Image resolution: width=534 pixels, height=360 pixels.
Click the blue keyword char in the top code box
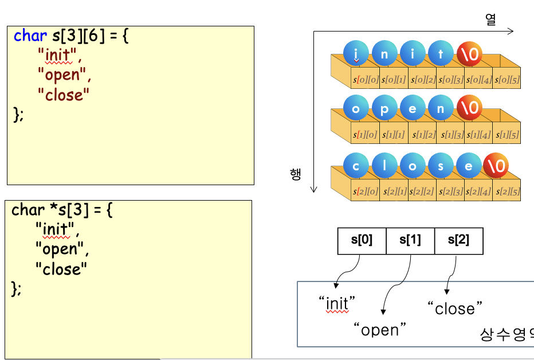(30, 36)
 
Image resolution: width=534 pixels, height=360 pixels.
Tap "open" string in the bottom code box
(61, 249)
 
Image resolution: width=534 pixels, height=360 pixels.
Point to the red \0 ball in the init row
(469, 54)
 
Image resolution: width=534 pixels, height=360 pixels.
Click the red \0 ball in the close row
(496, 167)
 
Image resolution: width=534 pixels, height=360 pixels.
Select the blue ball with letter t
(441, 54)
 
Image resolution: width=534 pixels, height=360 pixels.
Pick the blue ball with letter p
(384, 109)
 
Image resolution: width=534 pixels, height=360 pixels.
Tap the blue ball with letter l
(384, 167)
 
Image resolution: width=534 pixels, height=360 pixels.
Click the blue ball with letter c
(356, 167)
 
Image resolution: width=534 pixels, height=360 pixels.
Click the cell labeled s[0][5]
(506, 80)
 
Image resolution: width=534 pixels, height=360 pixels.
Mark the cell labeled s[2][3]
(450, 191)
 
